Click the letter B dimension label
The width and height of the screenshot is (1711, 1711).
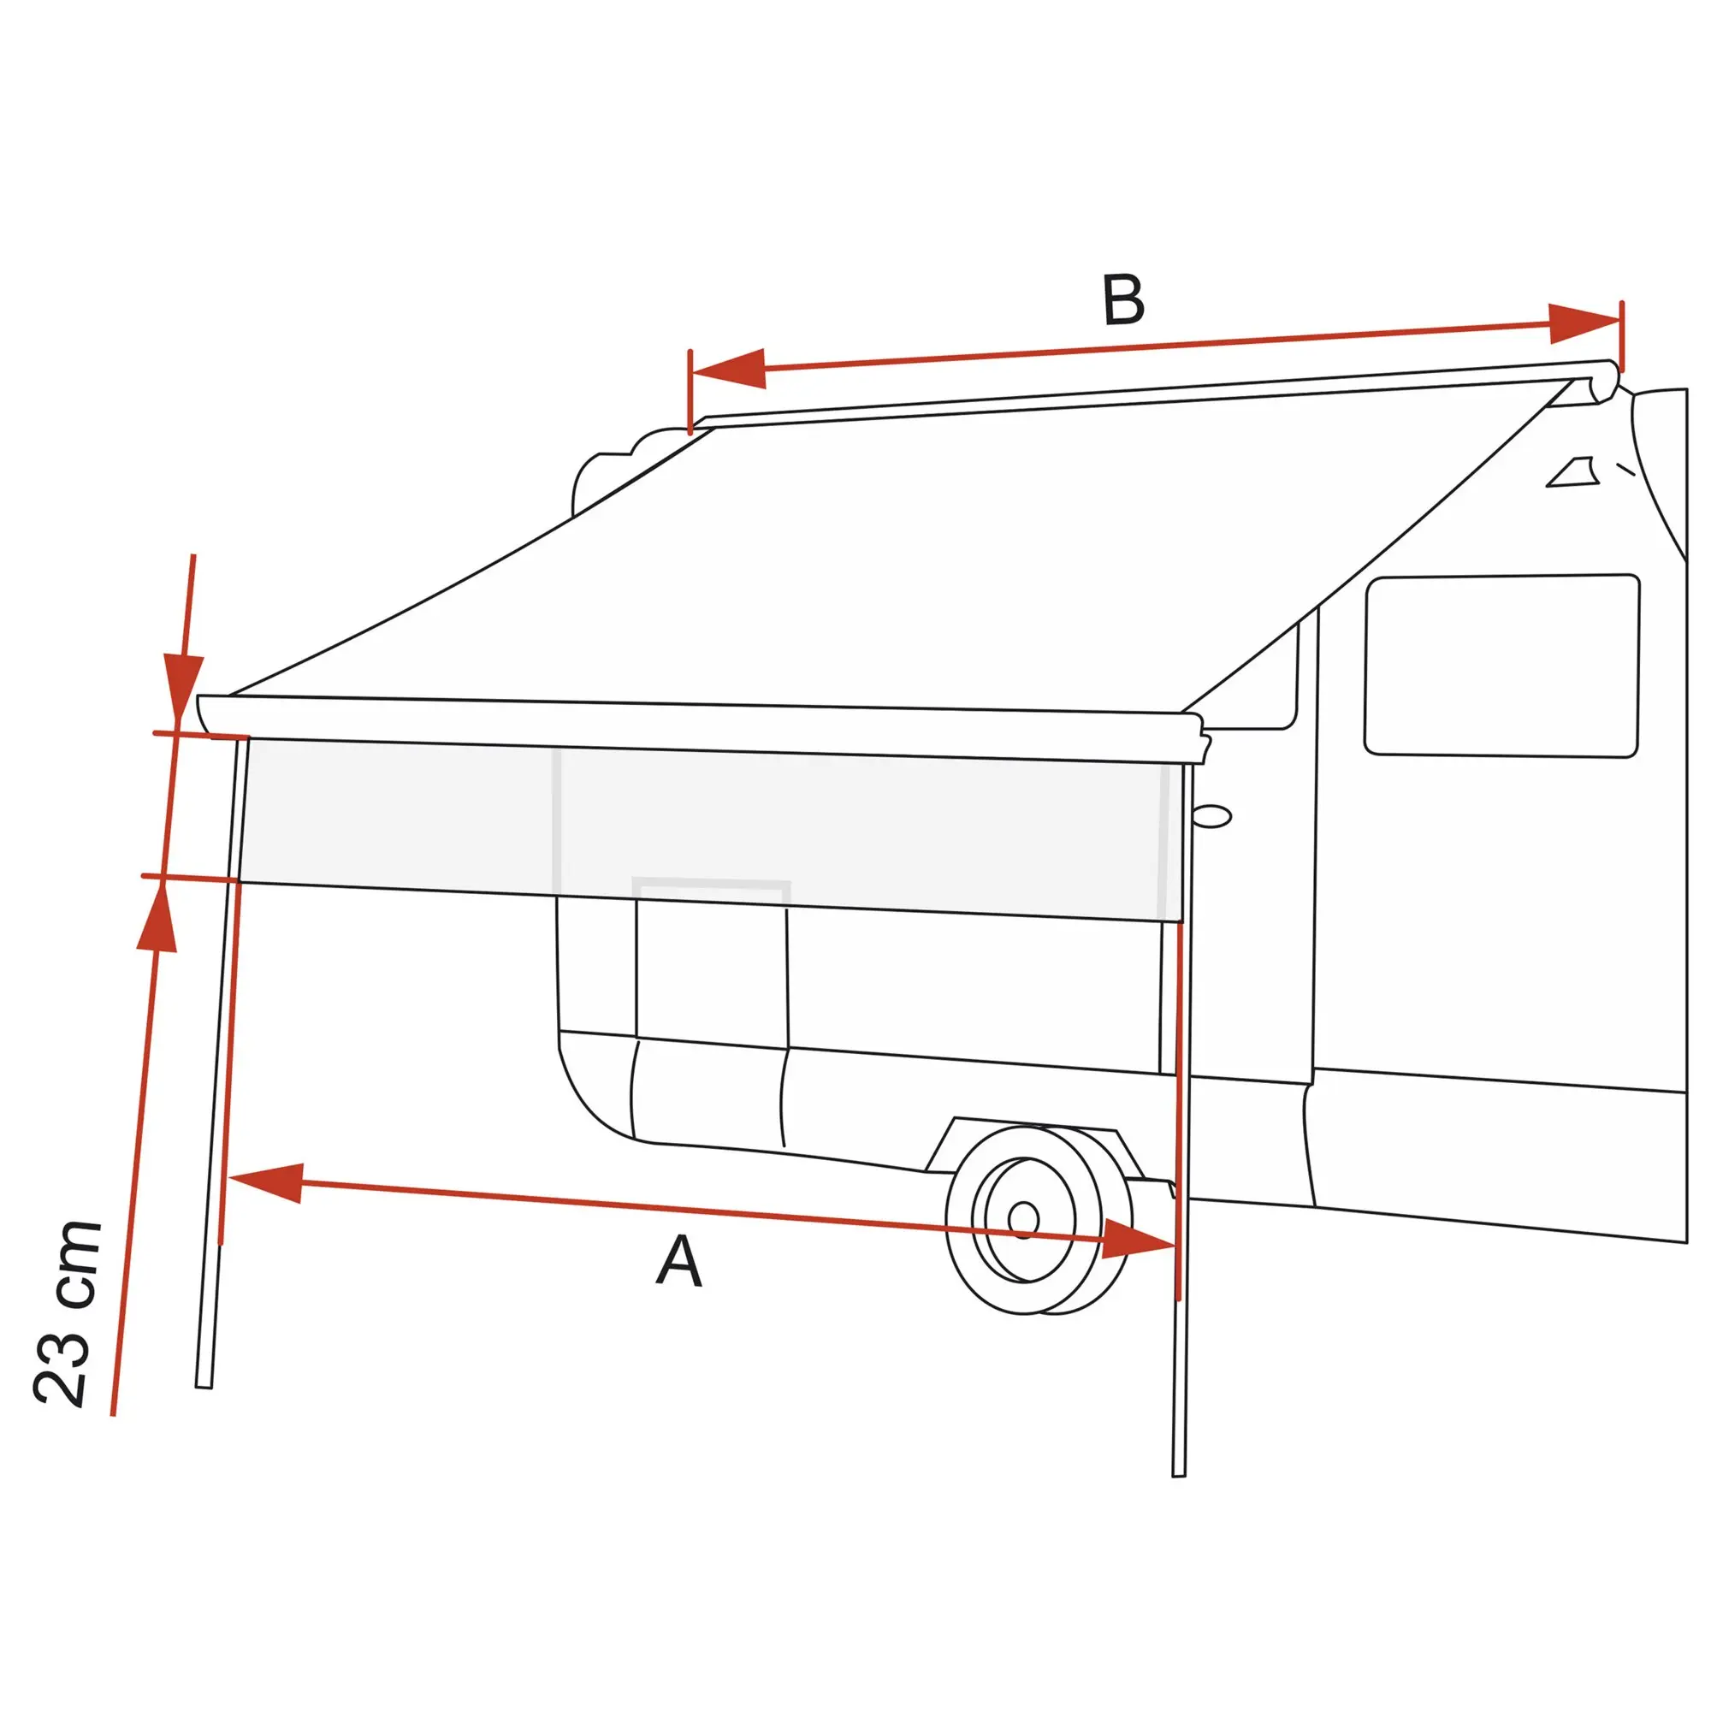coord(1123,300)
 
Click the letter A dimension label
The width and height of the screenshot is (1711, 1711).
coord(679,1261)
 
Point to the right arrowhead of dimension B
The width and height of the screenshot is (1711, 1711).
coord(1584,324)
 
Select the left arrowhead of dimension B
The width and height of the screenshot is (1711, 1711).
coord(727,369)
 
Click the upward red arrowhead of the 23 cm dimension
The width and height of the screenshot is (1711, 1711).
coord(157,915)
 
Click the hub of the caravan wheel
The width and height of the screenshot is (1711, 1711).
coord(1024,1219)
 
